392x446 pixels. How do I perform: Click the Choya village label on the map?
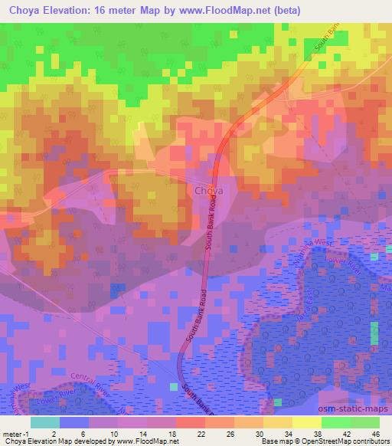208,190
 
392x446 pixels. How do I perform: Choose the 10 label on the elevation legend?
113,434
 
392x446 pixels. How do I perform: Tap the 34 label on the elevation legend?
286,434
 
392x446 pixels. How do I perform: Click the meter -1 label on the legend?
15,434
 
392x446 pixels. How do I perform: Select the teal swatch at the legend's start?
44,422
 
